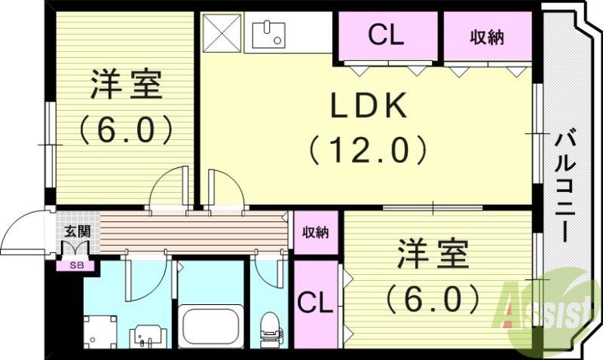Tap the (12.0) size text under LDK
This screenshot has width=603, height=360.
coord(369,151)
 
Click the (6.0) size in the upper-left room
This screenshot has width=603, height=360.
coord(126,129)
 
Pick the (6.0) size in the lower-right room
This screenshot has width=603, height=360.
coord(433,300)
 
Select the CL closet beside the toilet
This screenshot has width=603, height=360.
coord(315,304)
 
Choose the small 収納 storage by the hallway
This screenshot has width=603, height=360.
coord(315,233)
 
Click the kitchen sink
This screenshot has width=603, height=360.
coord(268,33)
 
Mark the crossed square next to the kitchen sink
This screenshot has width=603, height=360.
coord(222,33)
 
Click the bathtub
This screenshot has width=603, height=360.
coord(210,324)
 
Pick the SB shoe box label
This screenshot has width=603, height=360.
coord(76,265)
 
